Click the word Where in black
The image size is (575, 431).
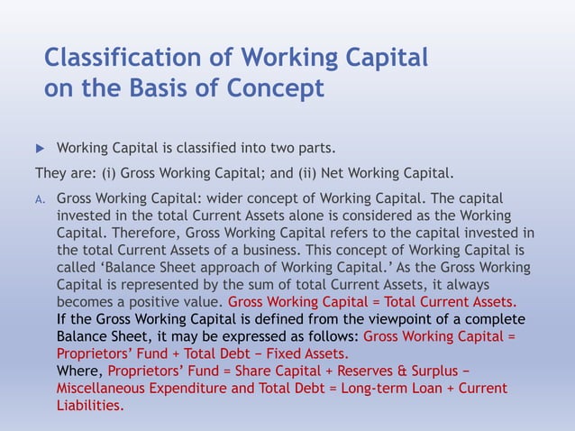pyautogui.click(x=78, y=371)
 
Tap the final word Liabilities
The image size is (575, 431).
pyautogui.click(x=89, y=405)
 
